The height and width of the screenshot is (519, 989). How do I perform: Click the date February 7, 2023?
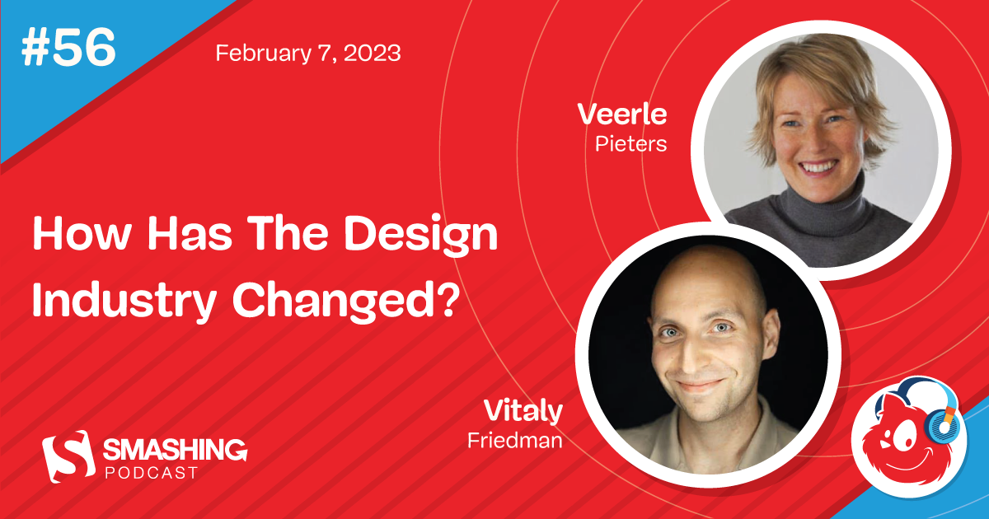click(308, 54)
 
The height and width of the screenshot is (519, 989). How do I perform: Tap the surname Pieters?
click(630, 144)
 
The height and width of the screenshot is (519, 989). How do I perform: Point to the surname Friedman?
click(515, 441)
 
